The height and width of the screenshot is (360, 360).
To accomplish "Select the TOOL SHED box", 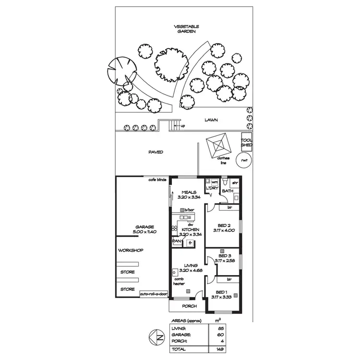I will point(246,142).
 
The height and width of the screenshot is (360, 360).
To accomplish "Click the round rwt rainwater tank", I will point(245,160).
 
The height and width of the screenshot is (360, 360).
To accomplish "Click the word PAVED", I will point(156,152).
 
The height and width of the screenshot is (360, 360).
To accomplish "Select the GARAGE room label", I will point(144,227).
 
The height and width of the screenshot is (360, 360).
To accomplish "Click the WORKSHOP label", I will point(130,250).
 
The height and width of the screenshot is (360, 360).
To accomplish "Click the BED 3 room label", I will point(225,256).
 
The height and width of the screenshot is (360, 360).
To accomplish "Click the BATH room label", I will point(227,191).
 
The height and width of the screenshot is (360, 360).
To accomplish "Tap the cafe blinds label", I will point(157,180).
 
